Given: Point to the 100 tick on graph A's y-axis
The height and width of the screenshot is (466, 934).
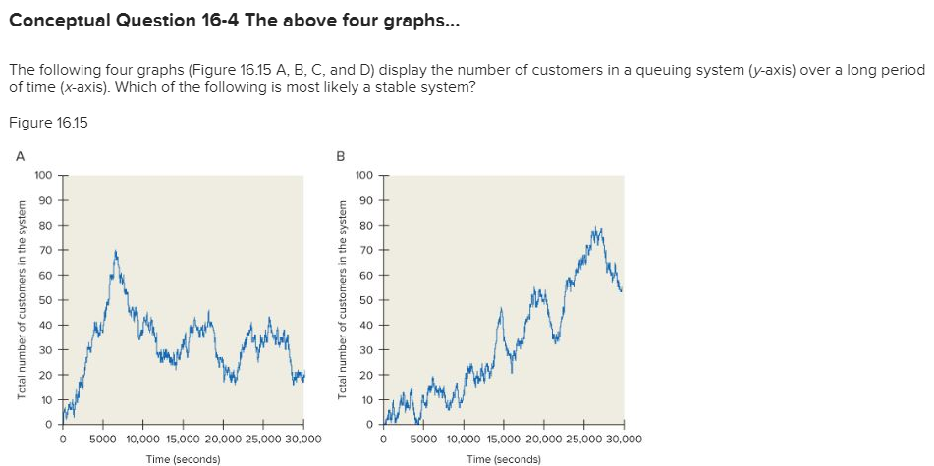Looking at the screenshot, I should pos(42,176).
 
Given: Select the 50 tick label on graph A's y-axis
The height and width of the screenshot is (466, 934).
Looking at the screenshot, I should pos(45,300).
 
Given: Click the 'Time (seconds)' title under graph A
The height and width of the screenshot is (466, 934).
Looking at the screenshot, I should pos(183,458).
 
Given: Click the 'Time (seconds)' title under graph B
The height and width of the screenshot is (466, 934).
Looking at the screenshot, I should pos(503,458).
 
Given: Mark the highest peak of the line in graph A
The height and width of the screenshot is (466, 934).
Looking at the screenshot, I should pos(116,252).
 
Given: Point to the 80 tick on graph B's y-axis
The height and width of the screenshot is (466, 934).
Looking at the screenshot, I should pos(365,226).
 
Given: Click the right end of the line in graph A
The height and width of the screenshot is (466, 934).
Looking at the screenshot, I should pos(303,375).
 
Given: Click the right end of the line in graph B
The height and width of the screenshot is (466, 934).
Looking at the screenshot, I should pos(621,289).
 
